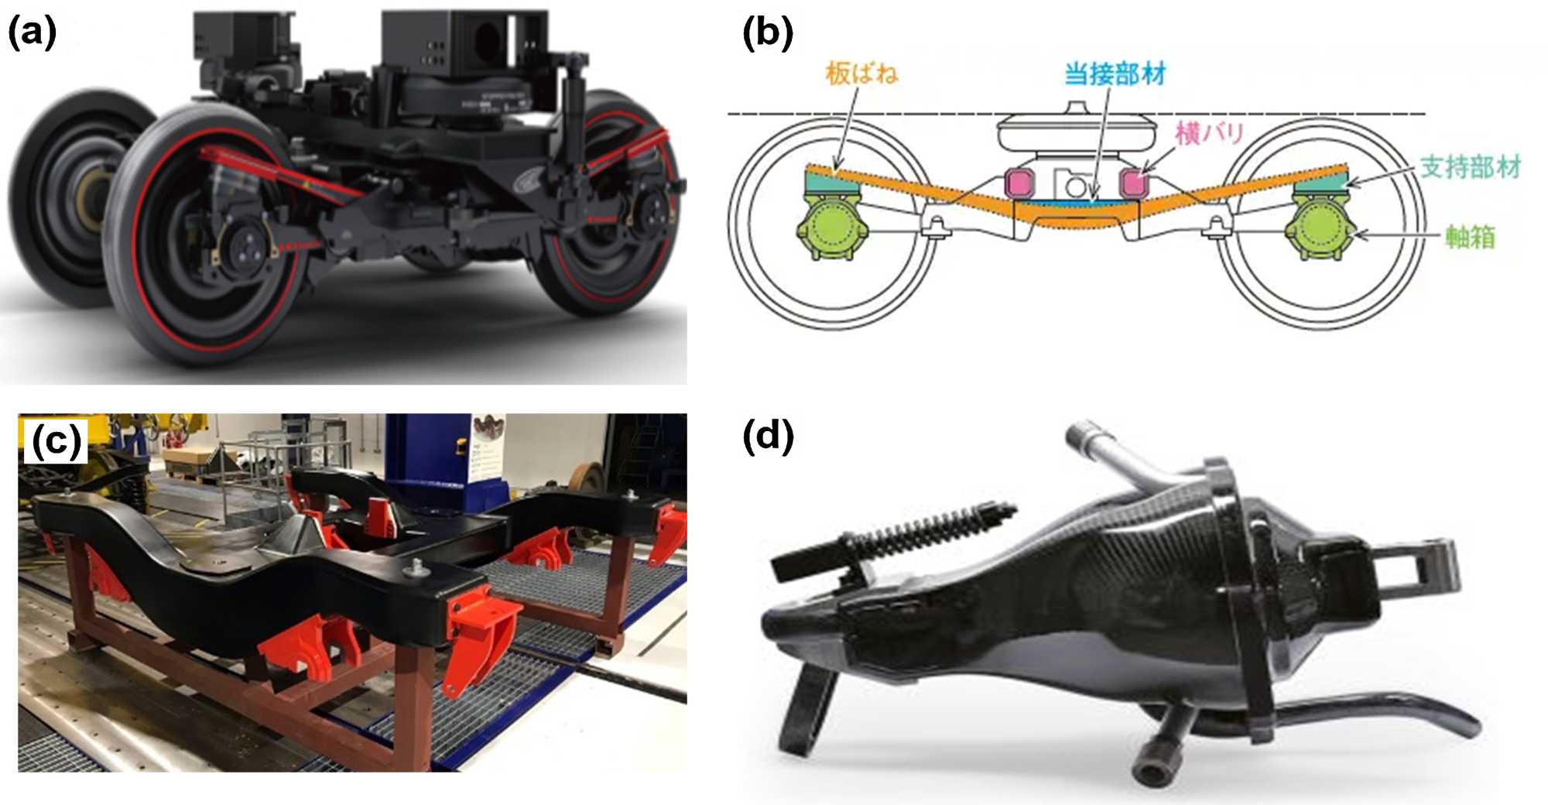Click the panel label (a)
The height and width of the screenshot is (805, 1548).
(x=32, y=34)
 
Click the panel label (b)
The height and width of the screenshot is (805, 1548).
(x=767, y=34)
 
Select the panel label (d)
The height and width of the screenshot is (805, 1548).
(x=767, y=437)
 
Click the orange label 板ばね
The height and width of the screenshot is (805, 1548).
(x=861, y=74)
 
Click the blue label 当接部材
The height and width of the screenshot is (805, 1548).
(x=1115, y=74)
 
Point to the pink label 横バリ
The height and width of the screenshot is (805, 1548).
(x=1209, y=133)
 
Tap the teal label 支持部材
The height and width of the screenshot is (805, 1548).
(x=1470, y=166)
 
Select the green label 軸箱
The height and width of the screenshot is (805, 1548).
(x=1470, y=236)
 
